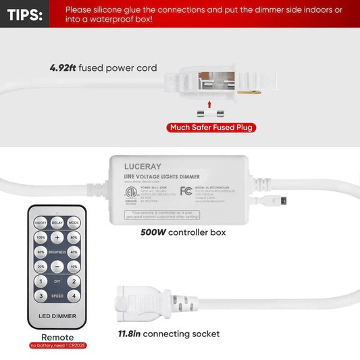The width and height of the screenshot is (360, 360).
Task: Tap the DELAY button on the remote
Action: click(57, 222)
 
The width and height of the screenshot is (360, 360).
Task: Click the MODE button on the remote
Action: click(73, 222)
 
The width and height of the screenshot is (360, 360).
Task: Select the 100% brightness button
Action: click(41, 238)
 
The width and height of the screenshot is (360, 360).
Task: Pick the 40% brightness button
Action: click(73, 252)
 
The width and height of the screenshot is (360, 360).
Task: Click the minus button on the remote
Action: click(57, 266)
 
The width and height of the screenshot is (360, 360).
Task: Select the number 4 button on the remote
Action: click(73, 295)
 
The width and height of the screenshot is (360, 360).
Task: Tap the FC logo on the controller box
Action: click(186, 190)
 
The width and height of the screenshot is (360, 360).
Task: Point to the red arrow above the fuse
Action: click(209, 105)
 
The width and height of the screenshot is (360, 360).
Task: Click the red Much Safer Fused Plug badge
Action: click(213, 127)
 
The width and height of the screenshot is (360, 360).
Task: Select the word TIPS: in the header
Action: click(24, 14)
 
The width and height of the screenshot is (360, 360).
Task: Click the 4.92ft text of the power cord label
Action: click(63, 68)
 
